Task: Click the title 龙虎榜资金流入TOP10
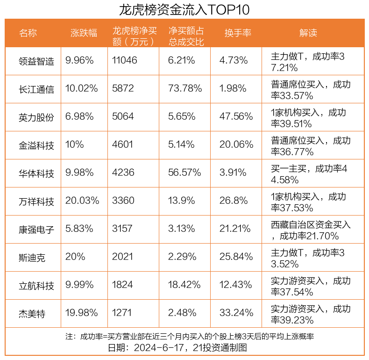pos(184,9)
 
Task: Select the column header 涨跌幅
pos(84,33)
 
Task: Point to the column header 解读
pos(308,33)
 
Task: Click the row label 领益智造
pos(36,61)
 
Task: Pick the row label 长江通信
pos(36,89)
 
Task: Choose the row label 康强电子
pos(36,229)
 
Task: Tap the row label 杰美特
pos(32,313)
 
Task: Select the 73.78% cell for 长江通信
pos(185,88)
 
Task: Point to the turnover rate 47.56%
pos(236,116)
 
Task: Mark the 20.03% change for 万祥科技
pos(82,201)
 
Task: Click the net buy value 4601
pos(122,144)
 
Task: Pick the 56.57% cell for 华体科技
pos(185,173)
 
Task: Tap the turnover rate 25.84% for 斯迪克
pos(236,257)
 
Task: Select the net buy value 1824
pos(122,285)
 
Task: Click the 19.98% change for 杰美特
pos(82,313)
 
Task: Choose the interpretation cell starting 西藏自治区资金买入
pos(311,229)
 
